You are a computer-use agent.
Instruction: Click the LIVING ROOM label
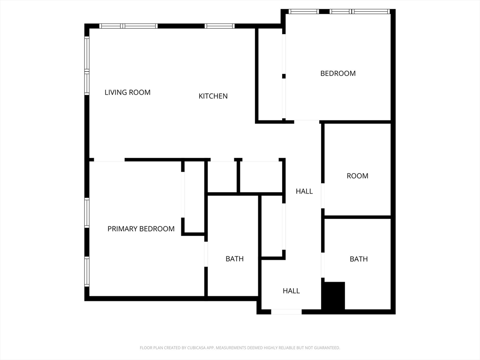click(127, 92)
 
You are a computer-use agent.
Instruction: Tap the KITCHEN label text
click(213, 96)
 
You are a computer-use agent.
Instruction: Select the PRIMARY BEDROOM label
click(141, 229)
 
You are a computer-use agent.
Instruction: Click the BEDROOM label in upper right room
click(338, 73)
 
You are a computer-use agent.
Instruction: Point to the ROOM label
click(358, 176)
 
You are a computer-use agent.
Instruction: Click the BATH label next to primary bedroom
click(234, 259)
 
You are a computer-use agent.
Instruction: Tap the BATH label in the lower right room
click(359, 259)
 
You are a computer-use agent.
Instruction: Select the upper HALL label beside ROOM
click(304, 191)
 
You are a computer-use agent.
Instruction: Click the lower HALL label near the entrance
click(291, 291)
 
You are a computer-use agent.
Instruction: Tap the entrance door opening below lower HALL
click(286, 312)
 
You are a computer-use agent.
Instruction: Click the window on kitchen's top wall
click(219, 26)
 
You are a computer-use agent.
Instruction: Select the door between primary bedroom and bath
click(206, 254)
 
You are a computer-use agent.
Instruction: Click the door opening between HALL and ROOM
click(322, 195)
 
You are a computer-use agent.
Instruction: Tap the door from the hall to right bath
click(322, 265)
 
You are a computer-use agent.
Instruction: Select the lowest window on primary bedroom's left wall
click(87, 271)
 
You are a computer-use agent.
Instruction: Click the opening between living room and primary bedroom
click(109, 160)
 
